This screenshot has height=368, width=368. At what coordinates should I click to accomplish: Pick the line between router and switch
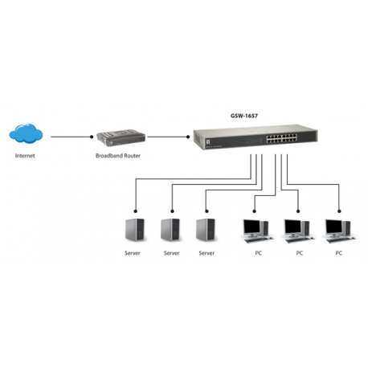coord(168,137)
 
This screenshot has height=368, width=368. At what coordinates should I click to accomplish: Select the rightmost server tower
coord(206,230)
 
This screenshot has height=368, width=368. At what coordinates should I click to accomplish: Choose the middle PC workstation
coord(298,230)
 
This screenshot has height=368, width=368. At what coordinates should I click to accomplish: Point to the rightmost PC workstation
coord(337,230)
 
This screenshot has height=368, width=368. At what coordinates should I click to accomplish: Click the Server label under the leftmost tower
coord(133,252)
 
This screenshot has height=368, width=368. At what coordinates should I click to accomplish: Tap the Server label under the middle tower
coord(171,252)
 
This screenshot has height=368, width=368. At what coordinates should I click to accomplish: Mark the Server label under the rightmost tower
coord(206,252)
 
